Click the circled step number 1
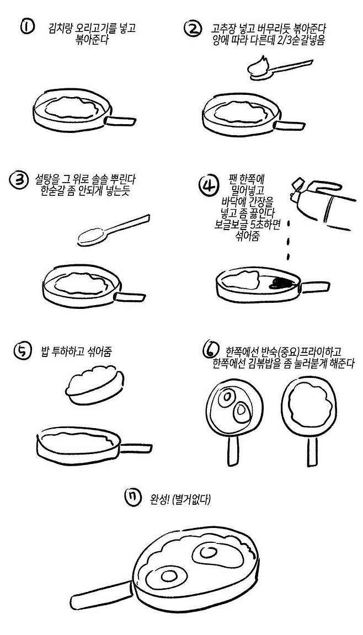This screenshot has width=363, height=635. (28, 28)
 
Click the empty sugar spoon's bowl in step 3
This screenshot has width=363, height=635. (89, 237)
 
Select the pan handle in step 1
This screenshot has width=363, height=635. (120, 121)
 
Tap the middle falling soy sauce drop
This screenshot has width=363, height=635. (288, 242)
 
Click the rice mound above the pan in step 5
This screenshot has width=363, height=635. (94, 385)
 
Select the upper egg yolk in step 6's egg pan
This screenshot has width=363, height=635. (225, 397)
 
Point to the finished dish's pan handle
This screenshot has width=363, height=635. (102, 593)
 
